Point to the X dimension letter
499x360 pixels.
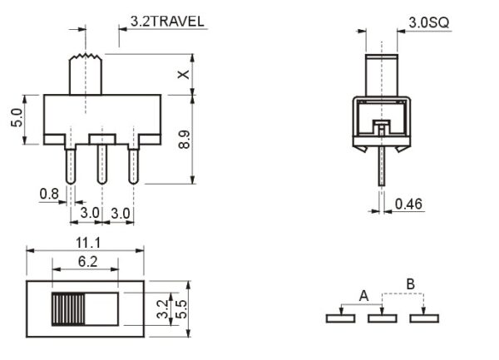(184, 74)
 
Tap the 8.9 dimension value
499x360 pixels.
(184, 137)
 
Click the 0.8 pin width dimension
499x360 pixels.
(49, 194)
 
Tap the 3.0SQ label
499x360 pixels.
(428, 22)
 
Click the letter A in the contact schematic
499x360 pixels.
(363, 295)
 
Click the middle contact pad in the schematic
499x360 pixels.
(381, 317)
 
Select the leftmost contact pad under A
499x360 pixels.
(339, 317)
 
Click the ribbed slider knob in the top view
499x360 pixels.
(67, 309)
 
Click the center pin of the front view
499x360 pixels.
(101, 164)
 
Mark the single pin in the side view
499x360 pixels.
(380, 162)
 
